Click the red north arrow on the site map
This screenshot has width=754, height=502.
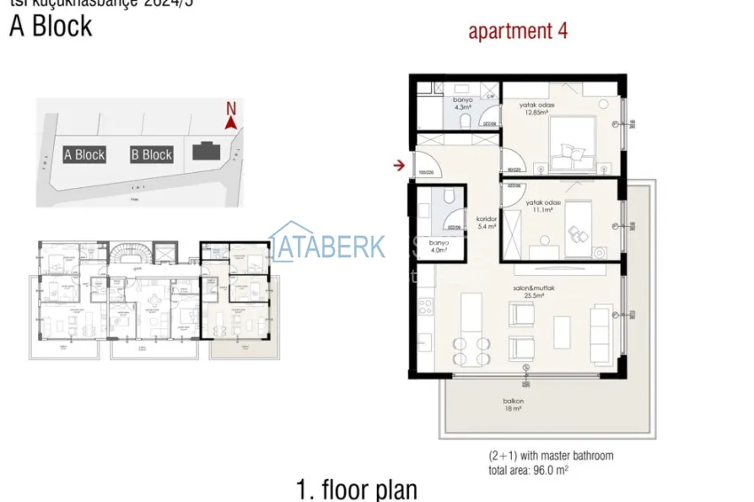(x=231, y=124)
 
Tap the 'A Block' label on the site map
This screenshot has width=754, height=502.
(x=84, y=154)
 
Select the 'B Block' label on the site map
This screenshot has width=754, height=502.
(x=152, y=154)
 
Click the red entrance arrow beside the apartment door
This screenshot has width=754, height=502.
(x=400, y=164)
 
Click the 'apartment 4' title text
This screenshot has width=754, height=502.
(x=517, y=32)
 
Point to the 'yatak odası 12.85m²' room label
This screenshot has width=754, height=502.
(x=538, y=108)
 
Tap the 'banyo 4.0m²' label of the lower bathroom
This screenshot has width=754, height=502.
(x=438, y=246)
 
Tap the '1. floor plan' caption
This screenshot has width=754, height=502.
(x=356, y=489)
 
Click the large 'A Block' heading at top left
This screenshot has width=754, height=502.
(x=51, y=26)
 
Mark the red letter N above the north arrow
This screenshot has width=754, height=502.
(x=231, y=109)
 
